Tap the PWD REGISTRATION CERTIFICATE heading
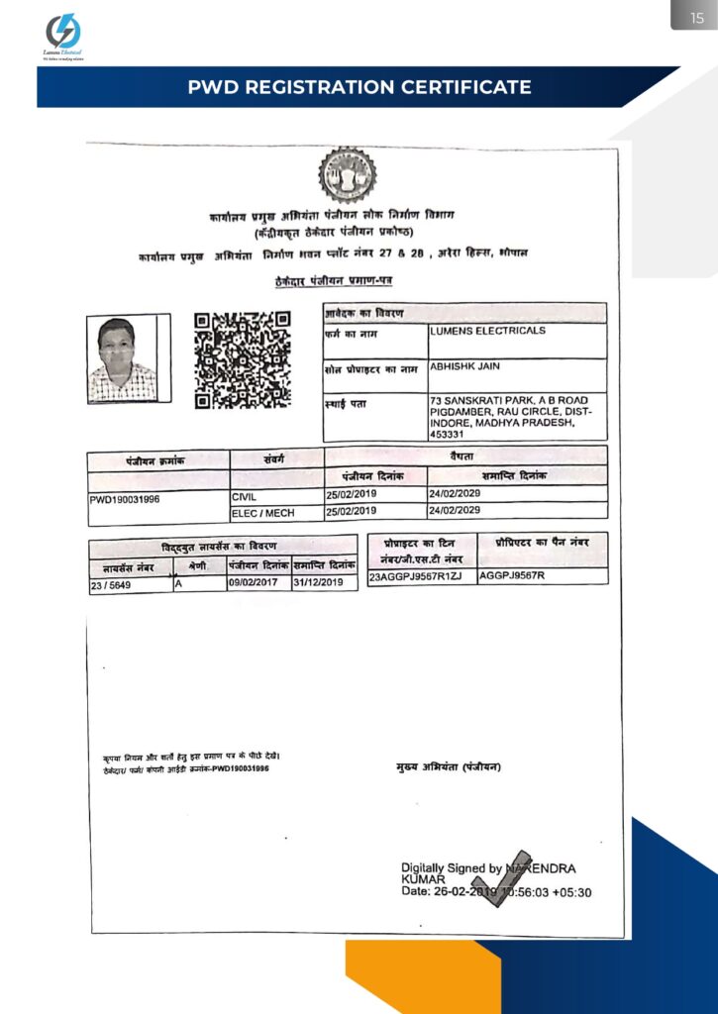pos(359,87)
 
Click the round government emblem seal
pos(347,176)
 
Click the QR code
pos(243,359)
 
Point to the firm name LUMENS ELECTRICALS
pos(487,332)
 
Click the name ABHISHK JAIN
pos(466,366)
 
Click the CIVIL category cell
pos(245,494)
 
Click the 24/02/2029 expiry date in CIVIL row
pos(455,494)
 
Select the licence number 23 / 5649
pos(110,584)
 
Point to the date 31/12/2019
pos(323,583)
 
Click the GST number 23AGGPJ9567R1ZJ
pos(415,575)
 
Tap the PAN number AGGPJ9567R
pos(513,575)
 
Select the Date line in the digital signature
pos(495,891)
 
